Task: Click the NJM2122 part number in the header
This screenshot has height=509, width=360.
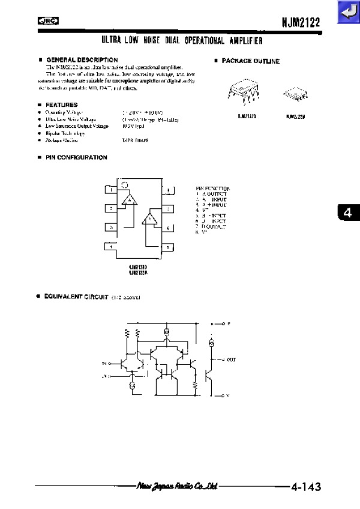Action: (301, 22)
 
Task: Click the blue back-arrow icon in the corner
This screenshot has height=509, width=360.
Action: (347, 12)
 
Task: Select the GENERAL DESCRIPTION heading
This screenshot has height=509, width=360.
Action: (82, 60)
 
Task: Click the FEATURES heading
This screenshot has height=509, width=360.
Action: (62, 105)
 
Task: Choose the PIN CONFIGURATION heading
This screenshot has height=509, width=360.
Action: (77, 157)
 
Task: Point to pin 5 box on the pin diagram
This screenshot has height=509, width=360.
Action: (169, 247)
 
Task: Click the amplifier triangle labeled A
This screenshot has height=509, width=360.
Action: (129, 199)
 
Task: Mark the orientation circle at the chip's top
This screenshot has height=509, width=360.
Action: (124, 185)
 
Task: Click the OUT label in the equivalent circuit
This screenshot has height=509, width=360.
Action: (231, 360)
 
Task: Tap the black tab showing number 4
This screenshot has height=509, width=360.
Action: (346, 212)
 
